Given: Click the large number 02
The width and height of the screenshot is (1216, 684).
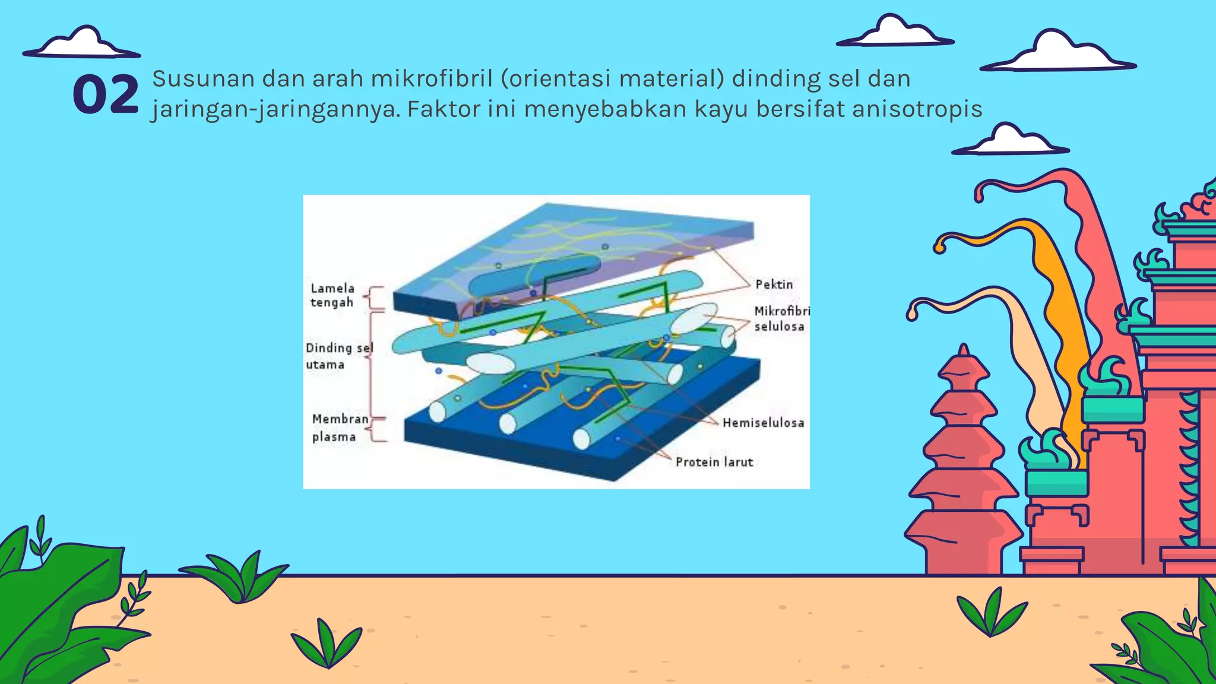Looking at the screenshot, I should click(105, 94).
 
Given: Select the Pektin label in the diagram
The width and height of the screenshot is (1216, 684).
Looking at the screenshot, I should click(774, 284).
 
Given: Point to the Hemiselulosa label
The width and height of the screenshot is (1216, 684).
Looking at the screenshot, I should click(763, 423).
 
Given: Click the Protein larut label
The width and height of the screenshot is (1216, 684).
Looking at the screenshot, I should click(714, 462).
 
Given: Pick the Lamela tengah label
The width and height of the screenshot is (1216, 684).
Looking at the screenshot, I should click(332, 295).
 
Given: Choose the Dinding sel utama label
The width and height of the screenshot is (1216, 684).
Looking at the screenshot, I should click(339, 356).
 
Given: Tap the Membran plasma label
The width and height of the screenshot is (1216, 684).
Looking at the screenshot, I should click(340, 427).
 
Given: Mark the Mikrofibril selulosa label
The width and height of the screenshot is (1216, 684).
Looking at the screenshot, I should click(781, 319).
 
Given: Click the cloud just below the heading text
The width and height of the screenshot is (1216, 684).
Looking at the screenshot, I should click(1010, 141).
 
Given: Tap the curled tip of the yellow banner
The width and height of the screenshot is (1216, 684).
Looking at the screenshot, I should click(940, 244).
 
